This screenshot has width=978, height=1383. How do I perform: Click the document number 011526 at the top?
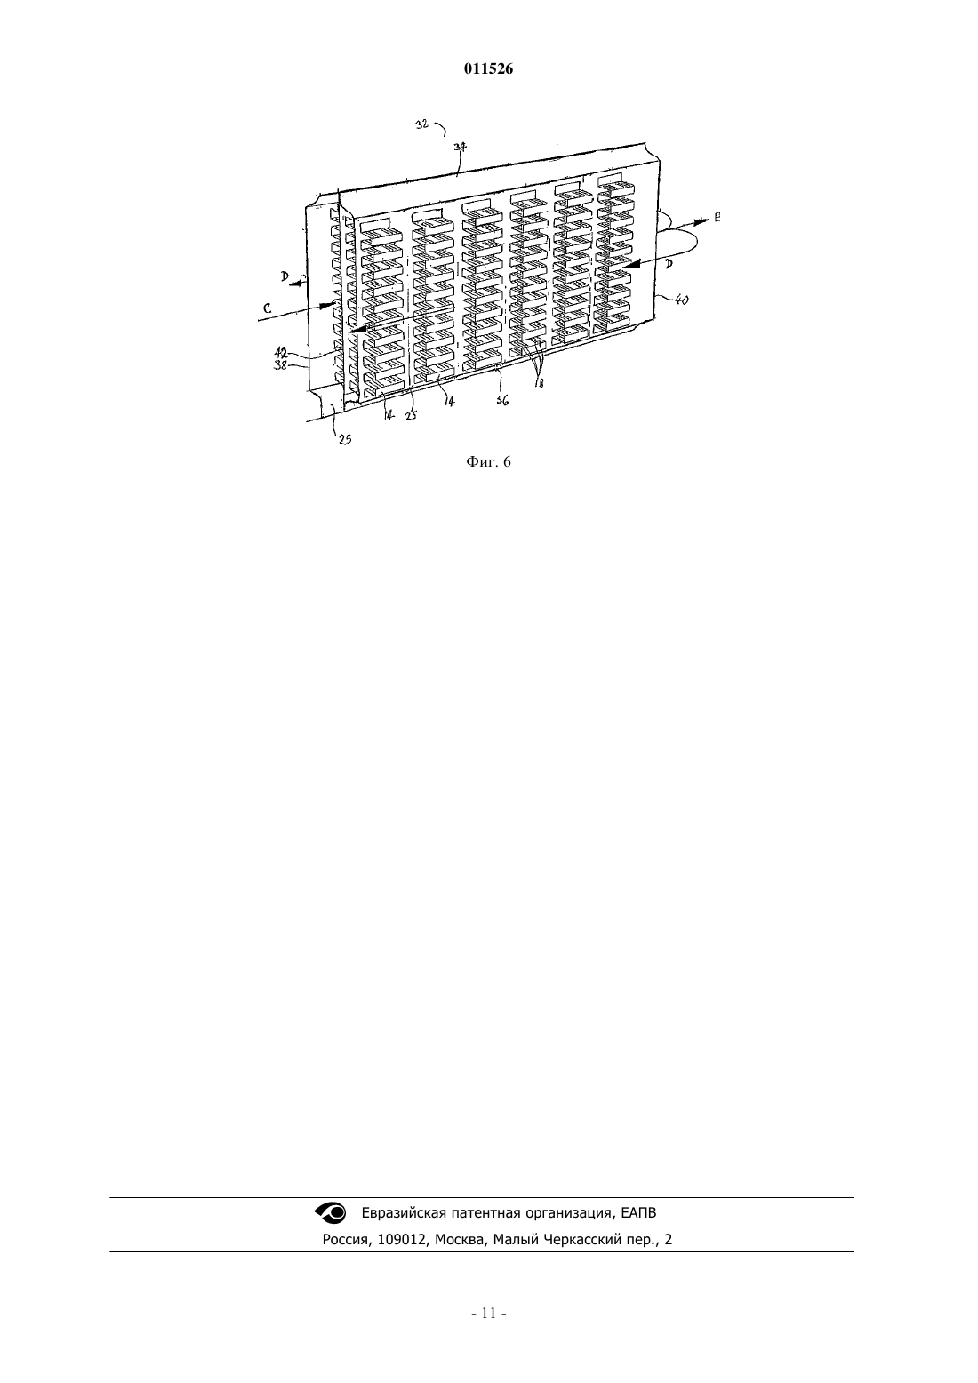coord(488,69)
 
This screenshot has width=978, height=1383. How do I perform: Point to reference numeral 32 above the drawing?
coord(422,124)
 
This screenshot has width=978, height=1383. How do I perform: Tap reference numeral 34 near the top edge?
coord(460,147)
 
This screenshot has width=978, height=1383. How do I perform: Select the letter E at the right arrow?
coord(717,217)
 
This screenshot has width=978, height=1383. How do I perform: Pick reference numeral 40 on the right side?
coord(682,300)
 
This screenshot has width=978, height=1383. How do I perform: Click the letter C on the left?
coord(267,308)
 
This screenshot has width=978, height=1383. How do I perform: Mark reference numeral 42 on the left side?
coord(281,353)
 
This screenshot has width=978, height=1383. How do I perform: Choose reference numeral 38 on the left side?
coord(281,364)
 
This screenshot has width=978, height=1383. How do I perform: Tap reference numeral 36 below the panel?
coord(502,400)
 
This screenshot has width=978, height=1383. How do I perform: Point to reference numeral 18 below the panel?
coord(539,383)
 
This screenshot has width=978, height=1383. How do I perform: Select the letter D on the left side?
coord(285,276)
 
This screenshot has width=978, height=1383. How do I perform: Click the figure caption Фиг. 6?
coord(488,462)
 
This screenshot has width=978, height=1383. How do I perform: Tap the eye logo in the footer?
coord(331,1212)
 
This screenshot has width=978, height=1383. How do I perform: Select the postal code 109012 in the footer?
coord(402,1239)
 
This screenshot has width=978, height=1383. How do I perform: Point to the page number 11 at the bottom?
coord(488,1313)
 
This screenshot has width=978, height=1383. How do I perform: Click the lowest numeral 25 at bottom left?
coord(345,440)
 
